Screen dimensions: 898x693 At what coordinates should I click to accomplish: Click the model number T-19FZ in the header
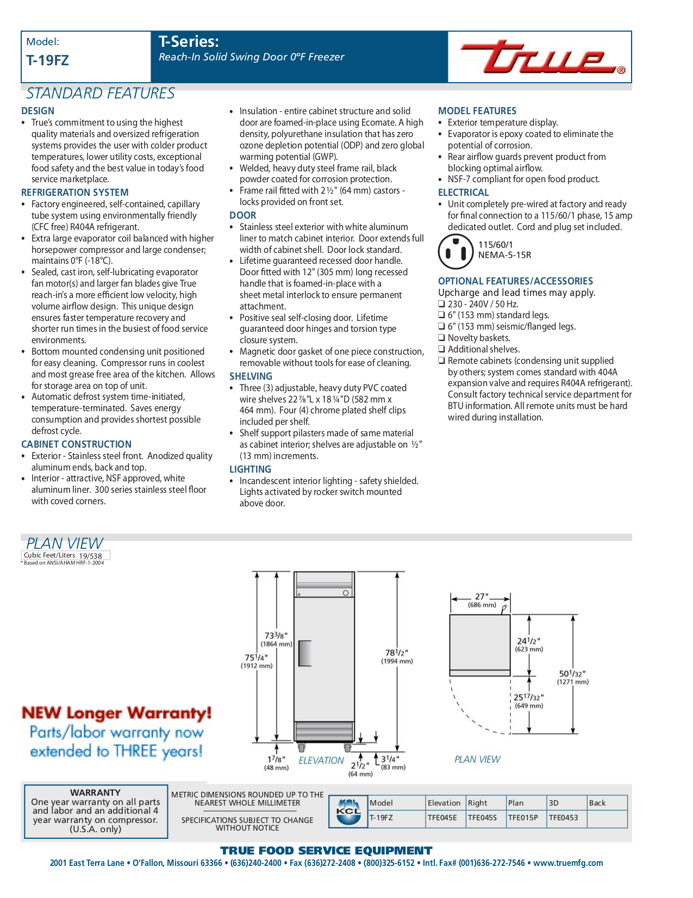coord(47,60)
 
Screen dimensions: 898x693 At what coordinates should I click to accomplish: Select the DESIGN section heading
coord(38,110)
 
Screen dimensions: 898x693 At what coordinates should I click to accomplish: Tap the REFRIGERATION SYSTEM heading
coord(74,192)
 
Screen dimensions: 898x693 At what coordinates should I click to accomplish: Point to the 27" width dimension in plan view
coord(482,597)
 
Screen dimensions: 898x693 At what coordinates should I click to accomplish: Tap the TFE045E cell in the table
coord(442,818)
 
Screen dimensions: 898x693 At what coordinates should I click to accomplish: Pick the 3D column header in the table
coord(554,803)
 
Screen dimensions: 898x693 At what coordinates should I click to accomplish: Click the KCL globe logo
coord(348,811)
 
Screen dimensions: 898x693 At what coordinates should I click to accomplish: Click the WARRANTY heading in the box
coord(95,792)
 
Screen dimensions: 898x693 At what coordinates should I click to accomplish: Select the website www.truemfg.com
coord(568,863)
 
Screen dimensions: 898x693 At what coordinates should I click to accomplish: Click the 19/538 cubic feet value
coord(90,556)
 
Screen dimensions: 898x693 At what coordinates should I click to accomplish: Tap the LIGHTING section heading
coord(250,469)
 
